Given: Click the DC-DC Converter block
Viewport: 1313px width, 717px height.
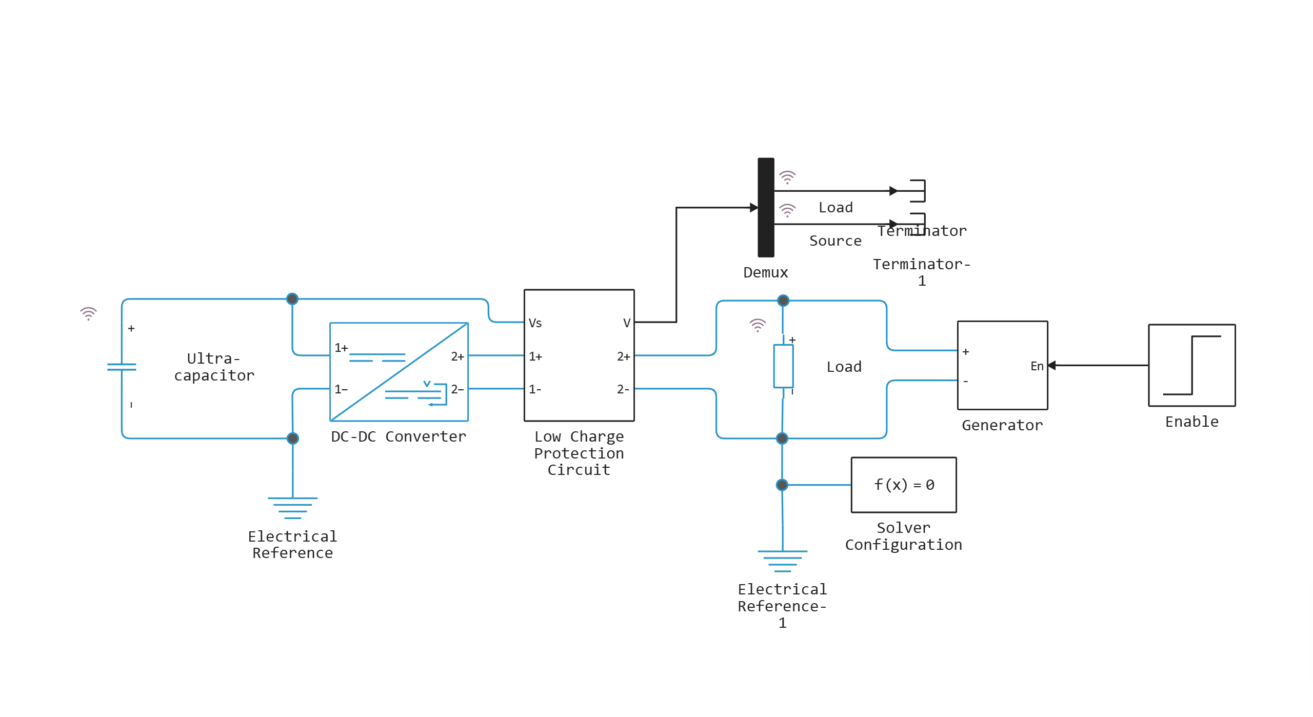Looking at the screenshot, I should point(399,372).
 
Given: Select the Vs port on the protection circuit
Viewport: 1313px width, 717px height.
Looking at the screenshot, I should point(535,323).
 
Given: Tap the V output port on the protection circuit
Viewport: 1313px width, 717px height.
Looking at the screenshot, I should point(626,323).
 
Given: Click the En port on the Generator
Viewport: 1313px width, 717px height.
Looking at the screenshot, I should point(1037,366).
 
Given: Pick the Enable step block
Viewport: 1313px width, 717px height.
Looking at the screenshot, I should point(1191,365).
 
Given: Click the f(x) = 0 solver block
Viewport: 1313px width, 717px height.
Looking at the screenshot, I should point(903,485).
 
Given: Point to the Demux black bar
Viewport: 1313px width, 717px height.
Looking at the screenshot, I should point(766,207).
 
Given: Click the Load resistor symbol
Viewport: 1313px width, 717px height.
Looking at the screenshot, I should point(783,366).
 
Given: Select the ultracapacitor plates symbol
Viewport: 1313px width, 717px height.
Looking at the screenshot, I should point(122,366).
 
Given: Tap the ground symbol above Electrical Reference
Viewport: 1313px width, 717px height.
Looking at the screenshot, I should point(292,507).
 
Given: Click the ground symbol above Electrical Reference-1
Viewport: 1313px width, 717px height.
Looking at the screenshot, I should point(782,560).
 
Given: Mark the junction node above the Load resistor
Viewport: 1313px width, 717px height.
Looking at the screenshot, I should point(783,301).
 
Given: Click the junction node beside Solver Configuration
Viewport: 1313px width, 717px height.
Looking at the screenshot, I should point(782,485).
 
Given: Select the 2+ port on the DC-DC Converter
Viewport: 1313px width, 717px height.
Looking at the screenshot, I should point(457,356).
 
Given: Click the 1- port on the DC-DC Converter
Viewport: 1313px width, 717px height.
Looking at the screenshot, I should point(341,389).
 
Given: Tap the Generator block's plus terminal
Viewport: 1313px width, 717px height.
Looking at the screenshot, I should point(965,351).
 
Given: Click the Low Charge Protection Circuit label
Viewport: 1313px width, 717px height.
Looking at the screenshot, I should point(579,453).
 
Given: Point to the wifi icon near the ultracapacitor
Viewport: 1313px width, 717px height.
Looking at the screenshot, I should point(88,313).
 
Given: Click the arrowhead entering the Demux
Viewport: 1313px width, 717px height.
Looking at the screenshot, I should point(753,207).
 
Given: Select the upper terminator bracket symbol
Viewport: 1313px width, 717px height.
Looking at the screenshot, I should point(919,191).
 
